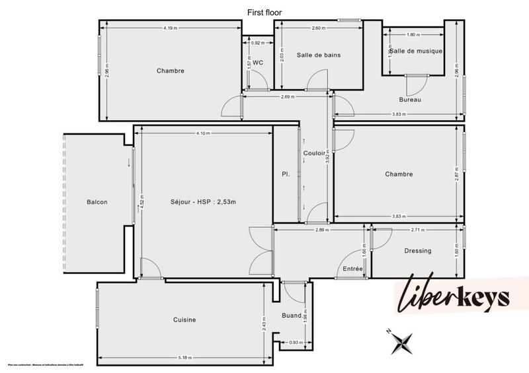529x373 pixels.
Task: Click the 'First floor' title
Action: [264, 11]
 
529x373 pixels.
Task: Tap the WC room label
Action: [258, 63]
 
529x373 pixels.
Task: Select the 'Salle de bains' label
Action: [319, 55]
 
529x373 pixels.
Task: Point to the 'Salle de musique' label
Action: [416, 51]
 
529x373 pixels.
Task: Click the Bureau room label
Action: [410, 100]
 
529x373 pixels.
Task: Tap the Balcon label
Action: [97, 202]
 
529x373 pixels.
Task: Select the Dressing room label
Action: [417, 251]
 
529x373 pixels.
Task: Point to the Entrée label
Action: [352, 269]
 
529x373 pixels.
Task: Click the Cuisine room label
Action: [184, 320]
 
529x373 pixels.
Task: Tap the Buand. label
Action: [291, 316]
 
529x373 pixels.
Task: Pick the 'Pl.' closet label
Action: [286, 174]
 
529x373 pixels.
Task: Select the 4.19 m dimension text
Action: [170, 28]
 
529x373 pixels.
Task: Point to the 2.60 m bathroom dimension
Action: [319, 28]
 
